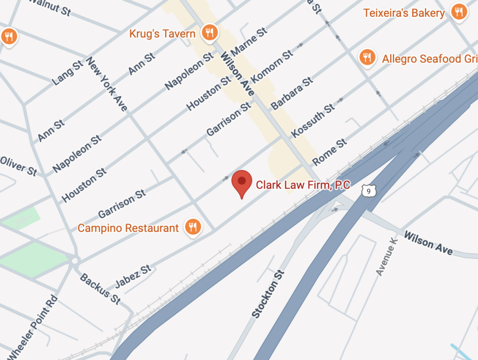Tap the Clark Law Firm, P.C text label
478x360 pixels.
pos(303,184)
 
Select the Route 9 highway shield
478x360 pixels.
pos(369,191)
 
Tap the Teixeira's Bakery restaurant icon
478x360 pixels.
pos(459,12)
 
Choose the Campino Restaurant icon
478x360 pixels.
pos(192,227)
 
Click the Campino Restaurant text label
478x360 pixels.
pos(128,228)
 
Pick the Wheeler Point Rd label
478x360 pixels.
pos(34,327)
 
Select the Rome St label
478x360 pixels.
pos(330,152)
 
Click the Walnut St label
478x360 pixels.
pos(50,7)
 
